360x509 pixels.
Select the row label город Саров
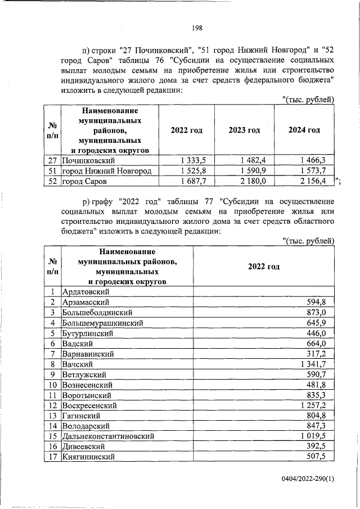tap(84, 181)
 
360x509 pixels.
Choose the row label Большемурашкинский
tap(102, 323)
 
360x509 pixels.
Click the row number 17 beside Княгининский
tap(52, 456)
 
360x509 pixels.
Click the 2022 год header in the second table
tap(264, 266)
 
